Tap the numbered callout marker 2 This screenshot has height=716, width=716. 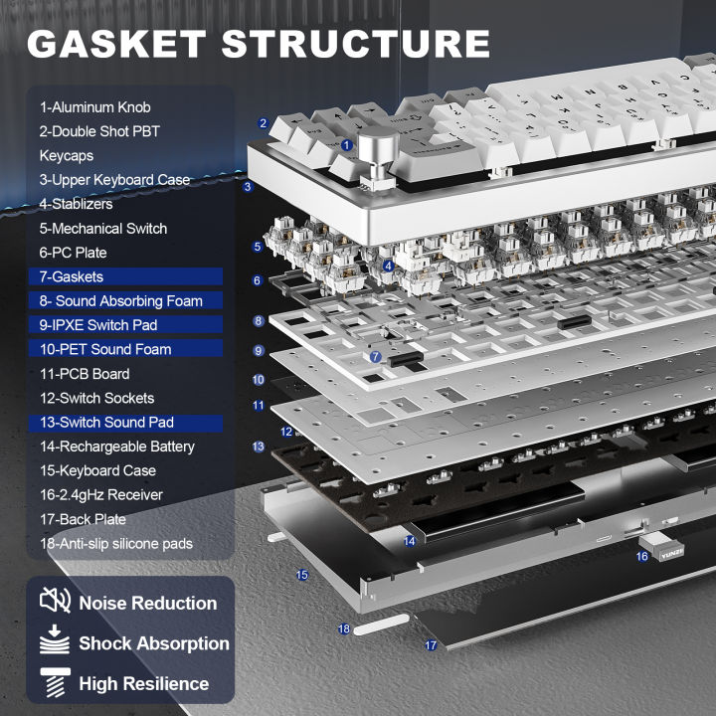[263, 123]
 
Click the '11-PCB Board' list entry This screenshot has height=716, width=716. [85, 374]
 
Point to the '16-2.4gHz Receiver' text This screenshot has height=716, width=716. [101, 494]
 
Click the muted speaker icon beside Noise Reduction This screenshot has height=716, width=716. [55, 602]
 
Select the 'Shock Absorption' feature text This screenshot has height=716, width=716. [154, 643]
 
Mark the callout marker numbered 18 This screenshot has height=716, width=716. [344, 628]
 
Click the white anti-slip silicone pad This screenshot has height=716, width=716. [383, 626]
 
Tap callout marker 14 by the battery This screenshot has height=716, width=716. [410, 541]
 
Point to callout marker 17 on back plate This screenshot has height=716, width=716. [431, 645]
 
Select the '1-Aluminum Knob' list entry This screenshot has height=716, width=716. [95, 107]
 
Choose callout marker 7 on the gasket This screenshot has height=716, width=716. [375, 356]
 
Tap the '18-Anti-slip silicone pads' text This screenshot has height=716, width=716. [116, 543]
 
